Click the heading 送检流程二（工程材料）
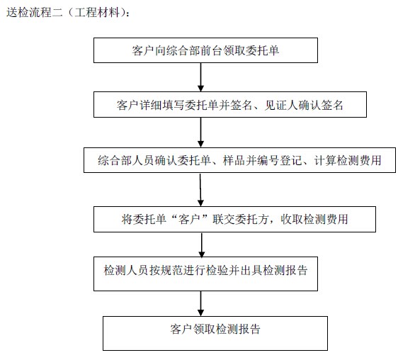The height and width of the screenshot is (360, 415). [68, 12]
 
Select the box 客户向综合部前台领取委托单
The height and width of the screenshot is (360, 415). [205, 50]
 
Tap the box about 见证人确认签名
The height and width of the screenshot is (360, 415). [230, 105]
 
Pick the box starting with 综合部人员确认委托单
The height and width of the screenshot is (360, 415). [240, 160]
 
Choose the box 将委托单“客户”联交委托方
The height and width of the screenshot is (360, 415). [234, 220]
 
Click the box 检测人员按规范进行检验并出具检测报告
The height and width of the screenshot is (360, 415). [205, 274]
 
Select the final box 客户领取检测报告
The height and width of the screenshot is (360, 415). [215, 333]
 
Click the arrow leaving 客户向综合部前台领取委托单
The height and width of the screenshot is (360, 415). [201, 77]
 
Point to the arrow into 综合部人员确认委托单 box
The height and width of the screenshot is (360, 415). [201, 133]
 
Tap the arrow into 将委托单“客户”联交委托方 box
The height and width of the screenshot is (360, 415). [200, 190]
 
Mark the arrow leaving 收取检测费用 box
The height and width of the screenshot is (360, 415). [202, 244]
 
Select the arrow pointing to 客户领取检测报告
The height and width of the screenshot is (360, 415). [201, 303]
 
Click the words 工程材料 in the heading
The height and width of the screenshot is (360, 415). [97, 12]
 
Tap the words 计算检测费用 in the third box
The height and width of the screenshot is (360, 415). [348, 160]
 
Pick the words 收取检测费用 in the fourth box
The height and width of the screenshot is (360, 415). [314, 220]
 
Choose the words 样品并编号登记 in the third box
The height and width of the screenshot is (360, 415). [263, 160]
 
